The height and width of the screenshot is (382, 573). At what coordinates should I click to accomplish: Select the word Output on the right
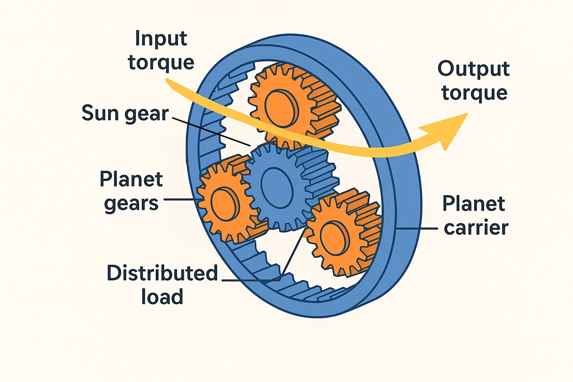[x=473, y=69]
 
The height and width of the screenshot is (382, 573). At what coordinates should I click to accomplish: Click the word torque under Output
[x=473, y=92]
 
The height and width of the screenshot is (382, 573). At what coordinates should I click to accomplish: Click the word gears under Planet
[x=128, y=203]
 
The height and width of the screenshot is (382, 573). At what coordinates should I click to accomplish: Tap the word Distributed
[x=162, y=274]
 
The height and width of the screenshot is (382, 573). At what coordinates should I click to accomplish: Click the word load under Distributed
[x=162, y=297]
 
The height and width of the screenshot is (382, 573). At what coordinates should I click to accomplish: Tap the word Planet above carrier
[x=473, y=204]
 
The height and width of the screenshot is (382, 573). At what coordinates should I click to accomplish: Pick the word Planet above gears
[x=131, y=180]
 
